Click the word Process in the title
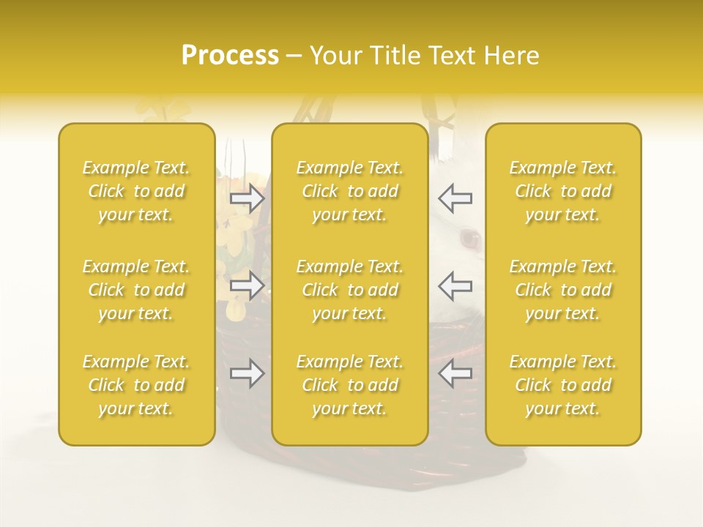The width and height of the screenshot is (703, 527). [230, 56]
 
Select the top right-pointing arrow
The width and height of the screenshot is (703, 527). [248, 199]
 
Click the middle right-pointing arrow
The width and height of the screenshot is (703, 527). [248, 285]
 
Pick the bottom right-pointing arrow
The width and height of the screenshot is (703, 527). [248, 373]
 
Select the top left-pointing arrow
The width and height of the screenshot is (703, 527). [455, 198]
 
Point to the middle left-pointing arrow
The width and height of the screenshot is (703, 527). [455, 285]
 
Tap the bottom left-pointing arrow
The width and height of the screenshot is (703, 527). [455, 373]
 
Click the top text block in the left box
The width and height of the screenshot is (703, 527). [136, 191]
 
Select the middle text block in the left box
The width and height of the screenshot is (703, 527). [136, 290]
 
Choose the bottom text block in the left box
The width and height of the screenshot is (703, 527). [136, 385]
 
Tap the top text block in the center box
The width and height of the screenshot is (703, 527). [350, 191]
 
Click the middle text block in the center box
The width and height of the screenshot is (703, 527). [350, 290]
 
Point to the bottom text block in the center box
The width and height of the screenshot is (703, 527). [350, 385]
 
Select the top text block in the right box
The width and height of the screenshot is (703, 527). [563, 191]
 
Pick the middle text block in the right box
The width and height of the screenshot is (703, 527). [563, 290]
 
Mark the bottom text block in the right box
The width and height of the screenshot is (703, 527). [563, 385]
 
